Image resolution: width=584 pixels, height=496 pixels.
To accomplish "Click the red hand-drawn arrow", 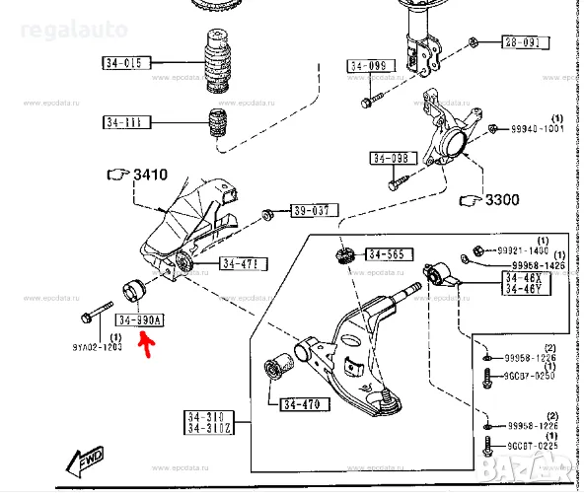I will [147, 344].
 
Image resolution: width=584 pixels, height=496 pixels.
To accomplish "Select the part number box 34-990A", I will [140, 320].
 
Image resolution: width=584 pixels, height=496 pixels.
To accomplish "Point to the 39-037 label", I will [313, 210].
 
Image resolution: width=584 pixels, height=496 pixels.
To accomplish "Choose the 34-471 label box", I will [243, 263].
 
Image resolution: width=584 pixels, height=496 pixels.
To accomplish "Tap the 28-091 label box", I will [522, 42].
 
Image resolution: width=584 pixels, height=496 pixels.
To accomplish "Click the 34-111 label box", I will [126, 123].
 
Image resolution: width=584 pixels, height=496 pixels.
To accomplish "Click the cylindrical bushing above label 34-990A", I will [132, 291].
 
